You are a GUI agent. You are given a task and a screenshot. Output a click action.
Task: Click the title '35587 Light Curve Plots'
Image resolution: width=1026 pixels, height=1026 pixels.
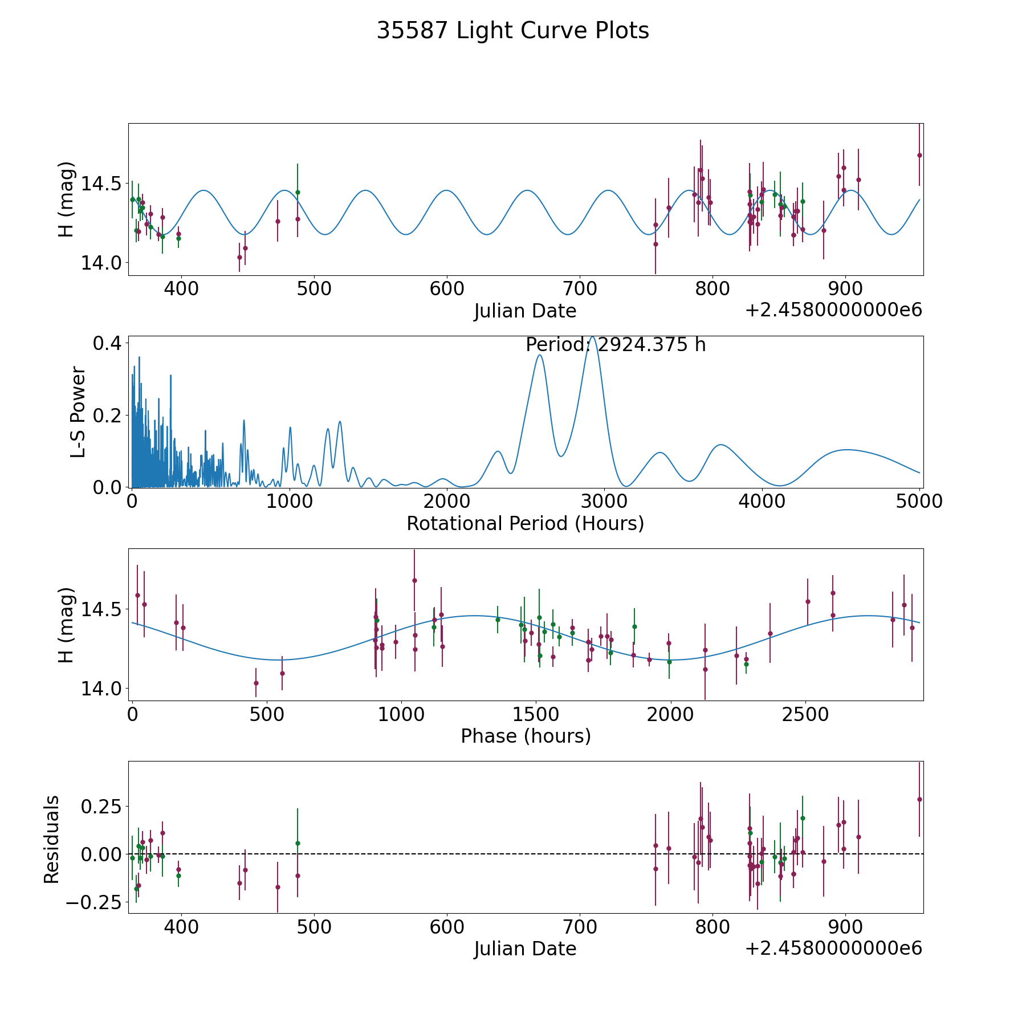click(x=512, y=31)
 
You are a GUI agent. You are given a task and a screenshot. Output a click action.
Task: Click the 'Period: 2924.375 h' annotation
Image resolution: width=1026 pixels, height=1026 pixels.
click(x=616, y=345)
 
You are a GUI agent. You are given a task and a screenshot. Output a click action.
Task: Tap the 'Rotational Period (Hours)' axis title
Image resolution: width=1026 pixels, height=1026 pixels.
click(x=525, y=523)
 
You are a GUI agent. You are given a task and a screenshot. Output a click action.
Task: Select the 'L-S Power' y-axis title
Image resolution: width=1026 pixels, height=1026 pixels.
click(x=78, y=412)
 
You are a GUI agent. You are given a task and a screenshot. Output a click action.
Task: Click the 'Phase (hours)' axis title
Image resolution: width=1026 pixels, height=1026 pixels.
click(x=526, y=736)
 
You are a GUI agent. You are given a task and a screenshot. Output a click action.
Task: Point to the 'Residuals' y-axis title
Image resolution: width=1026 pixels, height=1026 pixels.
click(x=52, y=839)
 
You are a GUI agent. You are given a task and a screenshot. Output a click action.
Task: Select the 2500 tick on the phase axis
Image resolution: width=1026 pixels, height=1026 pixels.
click(x=805, y=714)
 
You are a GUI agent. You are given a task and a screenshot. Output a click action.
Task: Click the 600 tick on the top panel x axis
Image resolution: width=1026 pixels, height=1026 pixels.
click(x=447, y=289)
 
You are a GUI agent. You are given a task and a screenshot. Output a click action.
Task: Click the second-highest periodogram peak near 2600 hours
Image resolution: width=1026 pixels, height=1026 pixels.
click(x=539, y=355)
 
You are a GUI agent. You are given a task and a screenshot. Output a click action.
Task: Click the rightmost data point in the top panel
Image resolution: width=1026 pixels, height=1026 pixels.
click(x=919, y=155)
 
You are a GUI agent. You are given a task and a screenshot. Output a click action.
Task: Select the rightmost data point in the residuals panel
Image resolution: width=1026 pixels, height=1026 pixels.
click(x=919, y=799)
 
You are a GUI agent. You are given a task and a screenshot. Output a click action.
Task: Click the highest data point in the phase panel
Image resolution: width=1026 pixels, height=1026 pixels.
click(x=414, y=580)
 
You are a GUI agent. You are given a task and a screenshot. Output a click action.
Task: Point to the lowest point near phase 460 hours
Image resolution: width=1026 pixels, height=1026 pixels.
click(x=256, y=683)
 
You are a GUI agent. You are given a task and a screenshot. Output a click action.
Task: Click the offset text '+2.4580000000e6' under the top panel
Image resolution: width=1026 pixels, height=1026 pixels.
click(x=833, y=311)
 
